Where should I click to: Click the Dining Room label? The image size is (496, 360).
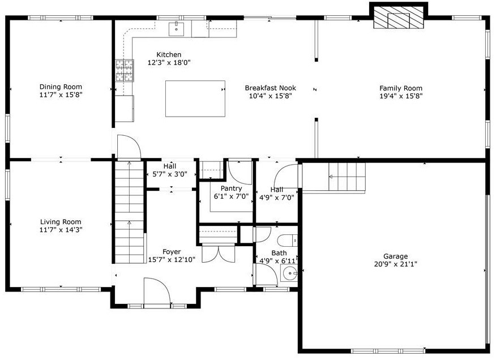(61, 87)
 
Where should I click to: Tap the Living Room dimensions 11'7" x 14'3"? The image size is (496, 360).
(61, 230)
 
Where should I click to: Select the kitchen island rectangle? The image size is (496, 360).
(195, 98)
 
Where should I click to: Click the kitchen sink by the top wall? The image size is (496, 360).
(176, 28)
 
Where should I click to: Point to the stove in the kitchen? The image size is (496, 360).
(124, 71)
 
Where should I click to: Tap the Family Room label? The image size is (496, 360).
(400, 88)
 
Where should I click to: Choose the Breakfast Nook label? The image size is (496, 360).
(270, 88)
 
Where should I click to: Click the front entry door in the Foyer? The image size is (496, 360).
(157, 293)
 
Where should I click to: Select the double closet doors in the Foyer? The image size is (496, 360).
(217, 252)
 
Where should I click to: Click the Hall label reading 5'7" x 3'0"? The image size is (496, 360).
(170, 174)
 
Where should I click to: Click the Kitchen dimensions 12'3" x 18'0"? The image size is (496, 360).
(169, 63)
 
